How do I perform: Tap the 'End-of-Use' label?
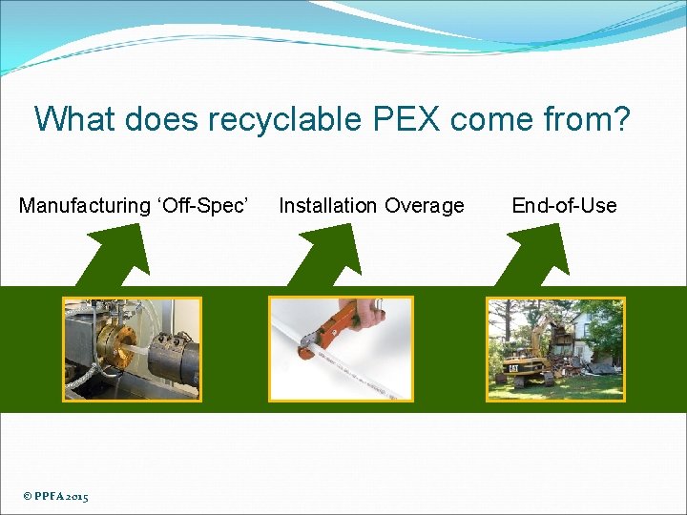click(x=564, y=206)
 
